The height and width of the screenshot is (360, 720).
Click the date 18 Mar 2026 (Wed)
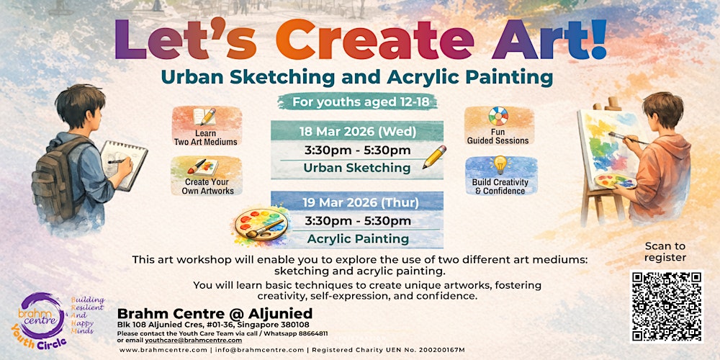[356, 131]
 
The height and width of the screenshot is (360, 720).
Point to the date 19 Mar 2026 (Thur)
[356, 202]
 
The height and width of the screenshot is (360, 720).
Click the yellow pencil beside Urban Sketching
[434, 157]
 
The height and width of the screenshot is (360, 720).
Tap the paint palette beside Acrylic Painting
[260, 225]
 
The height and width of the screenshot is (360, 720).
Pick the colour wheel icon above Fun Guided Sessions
[498, 117]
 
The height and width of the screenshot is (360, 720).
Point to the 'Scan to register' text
[665, 251]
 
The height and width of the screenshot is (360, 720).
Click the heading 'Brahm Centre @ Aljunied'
[215, 313]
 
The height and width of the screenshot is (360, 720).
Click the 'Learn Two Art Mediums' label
[205, 138]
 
